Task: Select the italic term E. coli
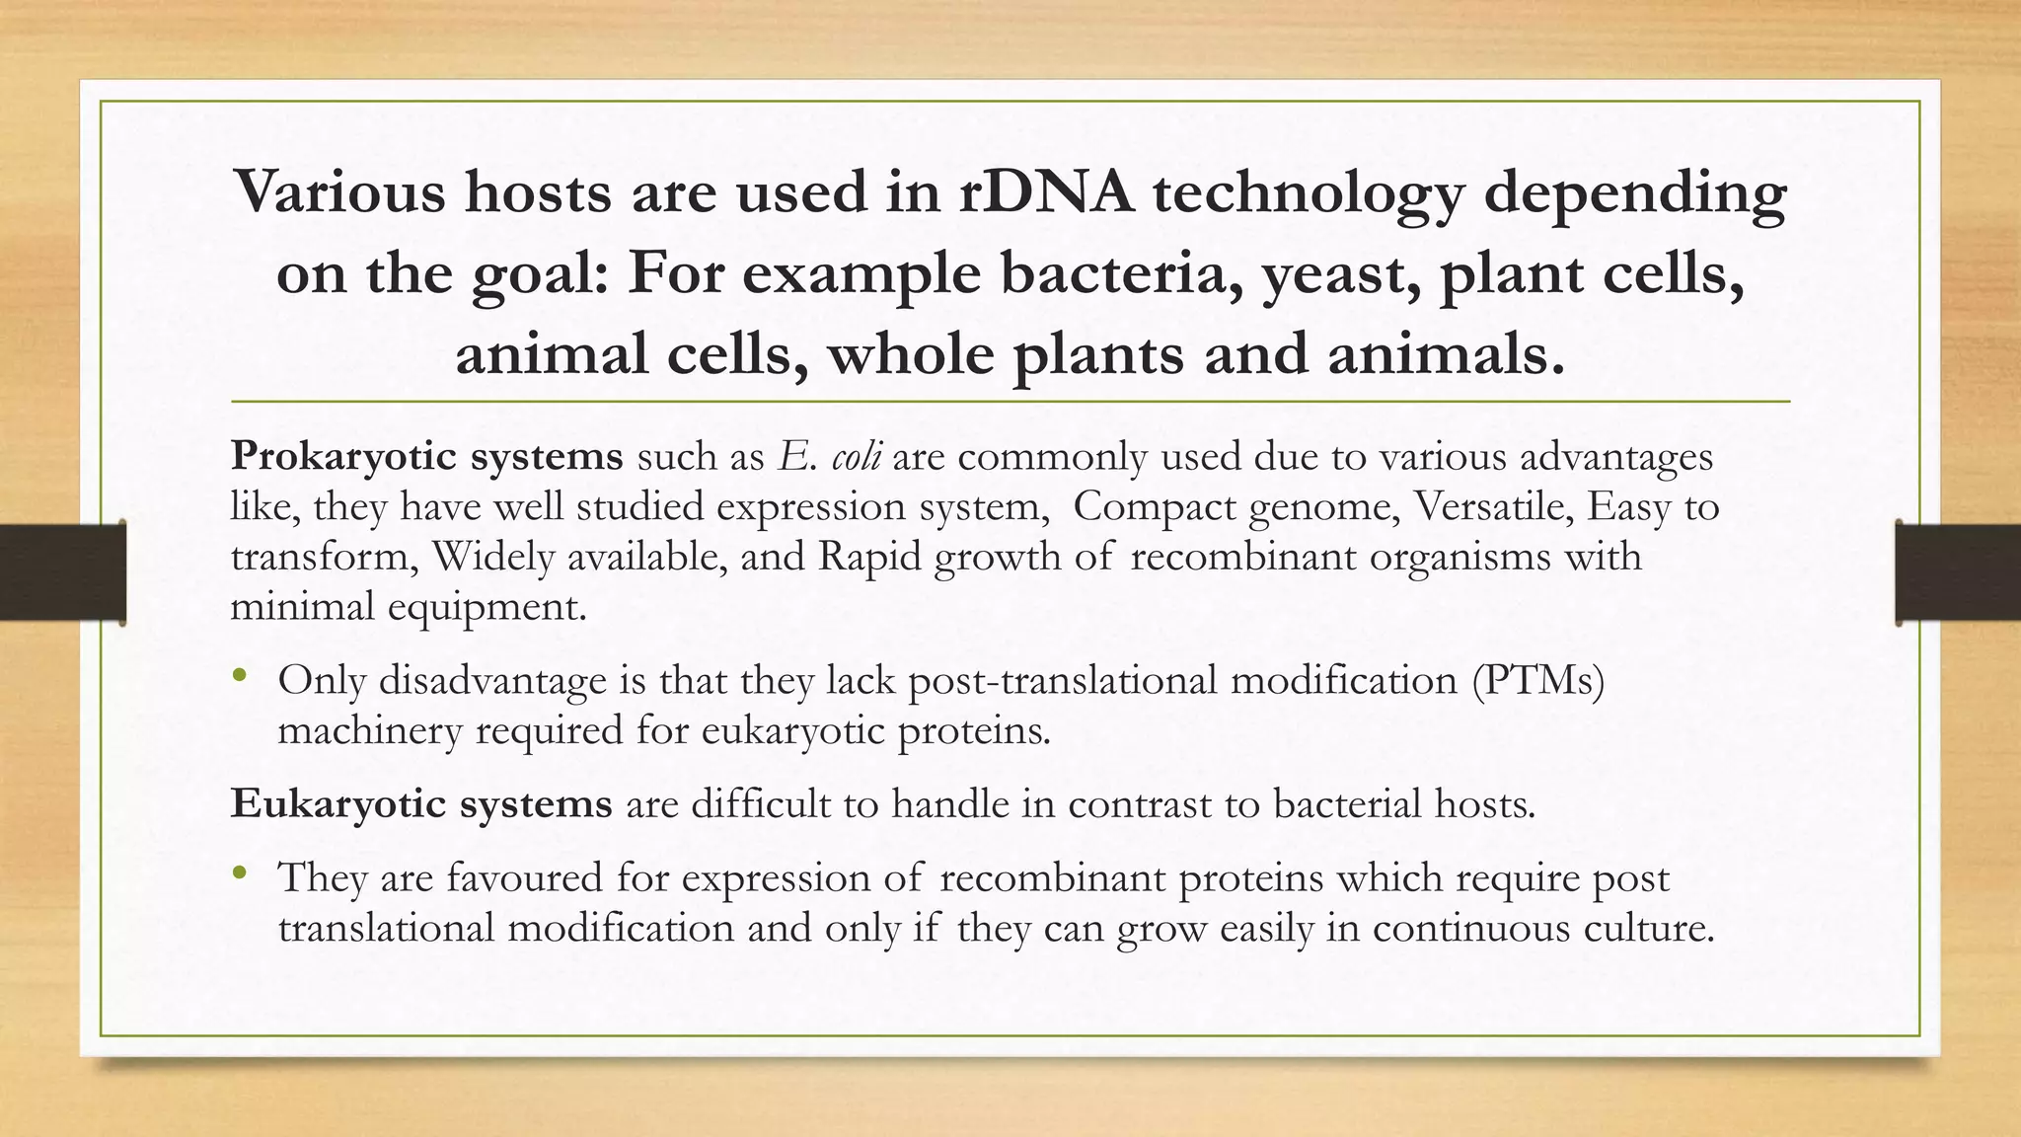[830, 457]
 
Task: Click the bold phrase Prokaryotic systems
[426, 457]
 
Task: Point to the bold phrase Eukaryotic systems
[421, 804]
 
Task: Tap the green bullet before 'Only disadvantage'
[239, 677]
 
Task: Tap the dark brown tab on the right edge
[1958, 572]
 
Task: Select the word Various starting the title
[340, 191]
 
